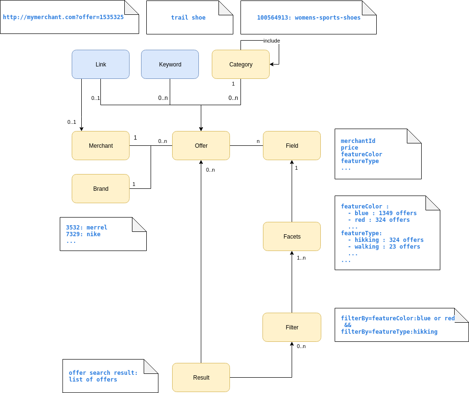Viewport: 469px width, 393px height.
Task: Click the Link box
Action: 100,65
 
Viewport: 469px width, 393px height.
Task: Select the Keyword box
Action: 170,65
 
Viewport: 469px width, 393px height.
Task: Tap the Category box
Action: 240,65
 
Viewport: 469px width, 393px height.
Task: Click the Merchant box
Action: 100,146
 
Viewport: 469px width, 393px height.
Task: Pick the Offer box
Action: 201,146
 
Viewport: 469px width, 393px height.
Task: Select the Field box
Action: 292,146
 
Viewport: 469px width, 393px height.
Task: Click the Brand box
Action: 100,189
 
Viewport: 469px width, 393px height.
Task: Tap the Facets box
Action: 292,237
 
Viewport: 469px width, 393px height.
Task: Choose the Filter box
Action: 292,327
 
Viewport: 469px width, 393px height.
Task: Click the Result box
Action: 201,378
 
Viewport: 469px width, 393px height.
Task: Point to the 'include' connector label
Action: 272,41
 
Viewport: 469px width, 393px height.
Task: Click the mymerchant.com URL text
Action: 63,17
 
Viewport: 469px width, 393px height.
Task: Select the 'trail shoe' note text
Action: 188,18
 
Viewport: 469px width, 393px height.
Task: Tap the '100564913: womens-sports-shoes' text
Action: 309,18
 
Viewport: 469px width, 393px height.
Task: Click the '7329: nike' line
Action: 83,234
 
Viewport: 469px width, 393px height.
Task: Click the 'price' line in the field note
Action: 349,148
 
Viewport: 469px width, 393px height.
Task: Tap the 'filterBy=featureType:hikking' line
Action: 389,332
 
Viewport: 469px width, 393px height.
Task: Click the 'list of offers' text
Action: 93,380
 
